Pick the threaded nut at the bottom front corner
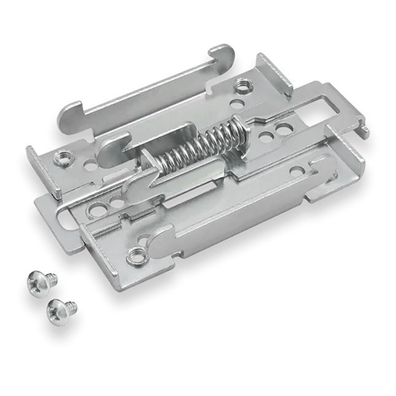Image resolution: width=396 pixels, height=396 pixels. (135, 253)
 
